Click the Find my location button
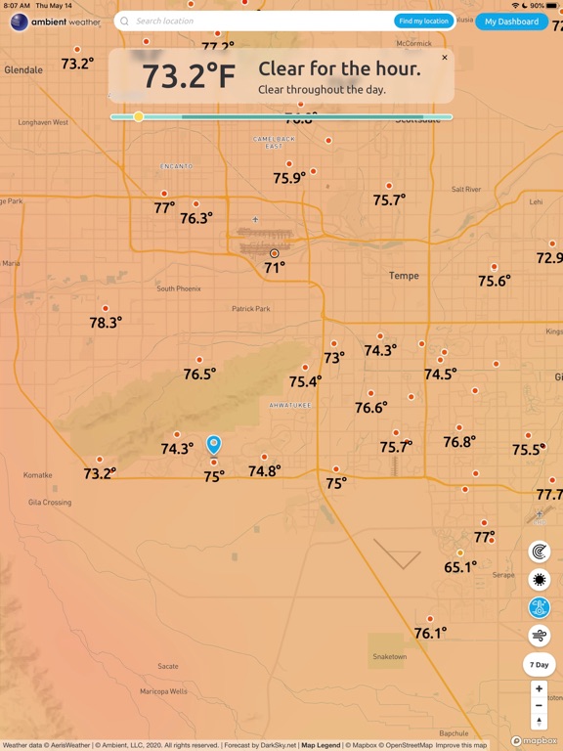click(x=423, y=21)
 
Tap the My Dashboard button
click(x=511, y=22)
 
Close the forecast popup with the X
click(x=445, y=58)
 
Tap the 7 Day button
click(x=540, y=665)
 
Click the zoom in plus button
click(x=539, y=689)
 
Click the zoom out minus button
click(x=539, y=705)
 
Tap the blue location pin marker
click(x=214, y=445)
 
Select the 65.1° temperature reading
click(x=459, y=566)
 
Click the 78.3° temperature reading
click(x=106, y=322)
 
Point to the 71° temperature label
click(x=275, y=267)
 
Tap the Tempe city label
click(x=404, y=276)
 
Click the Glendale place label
click(x=23, y=70)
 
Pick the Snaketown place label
click(x=389, y=656)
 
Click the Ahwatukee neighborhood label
click(x=290, y=404)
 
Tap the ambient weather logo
click(x=56, y=22)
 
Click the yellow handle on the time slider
click(x=139, y=116)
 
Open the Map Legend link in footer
click(x=321, y=745)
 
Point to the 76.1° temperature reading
click(x=430, y=633)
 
